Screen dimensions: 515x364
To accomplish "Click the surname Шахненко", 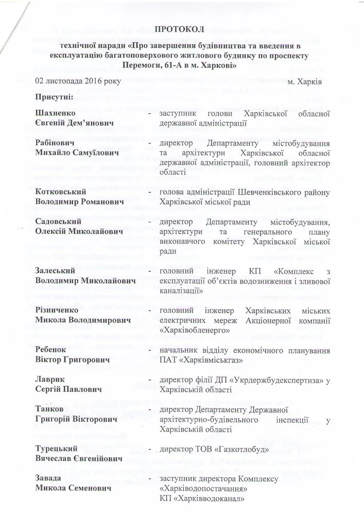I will (x=56, y=113).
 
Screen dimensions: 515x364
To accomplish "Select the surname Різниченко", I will (x=57, y=311).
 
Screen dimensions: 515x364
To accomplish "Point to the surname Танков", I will (x=50, y=410).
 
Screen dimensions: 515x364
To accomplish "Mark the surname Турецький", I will (x=57, y=449).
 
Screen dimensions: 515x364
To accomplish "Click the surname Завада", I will (x=49, y=478).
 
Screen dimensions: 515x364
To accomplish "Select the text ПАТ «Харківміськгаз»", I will (x=198, y=360).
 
